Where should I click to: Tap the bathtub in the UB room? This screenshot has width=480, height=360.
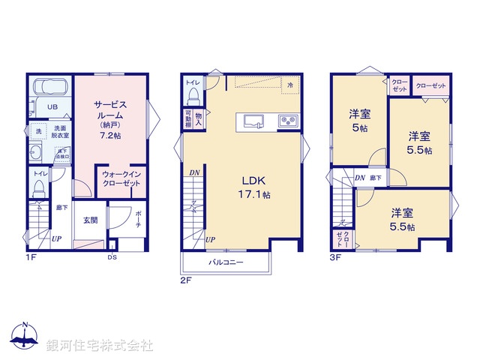coord(52,85)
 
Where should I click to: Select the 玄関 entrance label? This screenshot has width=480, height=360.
coord(90,220)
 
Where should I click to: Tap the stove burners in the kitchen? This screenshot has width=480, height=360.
coord(288,120)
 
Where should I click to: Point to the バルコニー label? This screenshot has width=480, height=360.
coord(225,263)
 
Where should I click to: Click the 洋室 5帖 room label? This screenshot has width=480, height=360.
coord(359,121)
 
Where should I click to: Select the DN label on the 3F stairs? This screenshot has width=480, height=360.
coord(360,178)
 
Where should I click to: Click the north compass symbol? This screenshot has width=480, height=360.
coord(25,335)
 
